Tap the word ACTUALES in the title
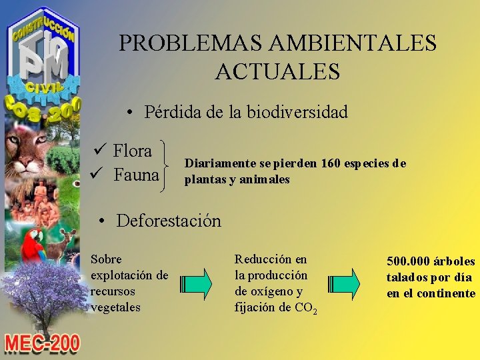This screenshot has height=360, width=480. click(277, 71)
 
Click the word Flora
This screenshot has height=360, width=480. click(132, 151)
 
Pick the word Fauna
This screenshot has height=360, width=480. click(136, 175)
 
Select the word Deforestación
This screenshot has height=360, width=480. click(168, 221)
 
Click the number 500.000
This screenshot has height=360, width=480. click(409, 261)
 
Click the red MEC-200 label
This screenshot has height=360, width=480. click(42, 343)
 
